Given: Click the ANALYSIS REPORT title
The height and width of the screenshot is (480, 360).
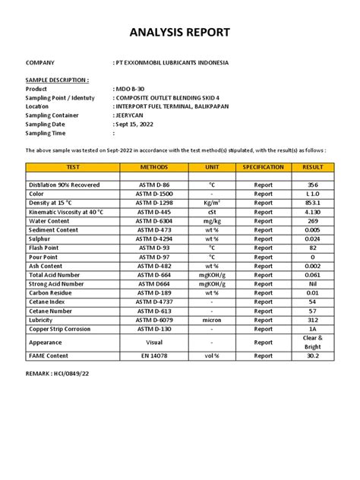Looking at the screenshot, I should pyautogui.click(x=179, y=33).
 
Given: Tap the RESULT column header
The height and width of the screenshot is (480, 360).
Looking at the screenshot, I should pyautogui.click(x=313, y=167).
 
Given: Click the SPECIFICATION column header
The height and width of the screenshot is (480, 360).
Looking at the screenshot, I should pyautogui.click(x=263, y=167).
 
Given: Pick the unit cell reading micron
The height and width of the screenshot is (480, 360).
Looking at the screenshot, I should pyautogui.click(x=212, y=321).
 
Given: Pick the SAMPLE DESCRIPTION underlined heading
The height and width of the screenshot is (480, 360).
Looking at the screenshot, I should pyautogui.click(x=57, y=80).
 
